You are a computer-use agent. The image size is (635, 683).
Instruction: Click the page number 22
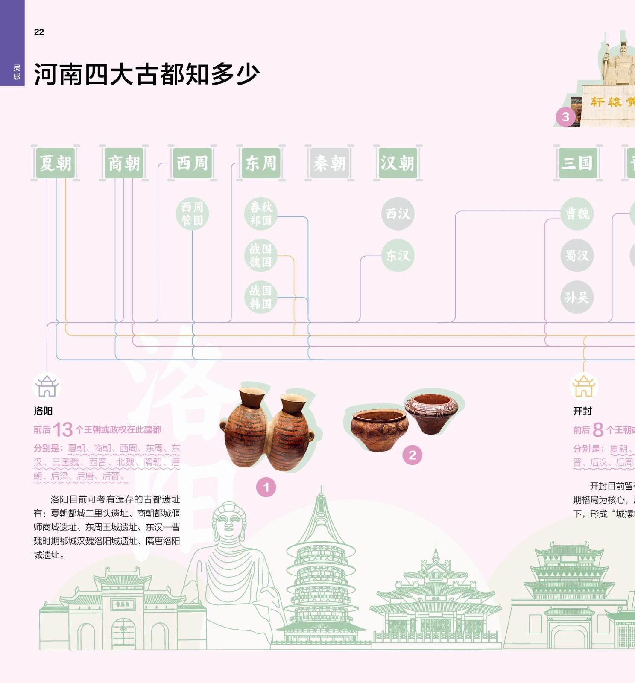coord(39,32)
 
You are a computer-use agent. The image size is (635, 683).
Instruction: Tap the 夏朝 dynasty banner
coord(56,163)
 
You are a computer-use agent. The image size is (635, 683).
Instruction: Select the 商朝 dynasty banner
coord(124,163)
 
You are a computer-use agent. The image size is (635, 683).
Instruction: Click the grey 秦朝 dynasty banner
coord(329,163)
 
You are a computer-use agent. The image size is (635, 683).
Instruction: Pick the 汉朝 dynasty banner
coord(398,163)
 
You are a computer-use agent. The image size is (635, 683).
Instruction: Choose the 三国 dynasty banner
coord(577,163)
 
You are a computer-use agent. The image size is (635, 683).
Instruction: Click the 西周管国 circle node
coord(192,214)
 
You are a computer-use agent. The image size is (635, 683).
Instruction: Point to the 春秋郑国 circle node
coord(260,214)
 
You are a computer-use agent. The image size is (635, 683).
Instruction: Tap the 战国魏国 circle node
coord(260,255)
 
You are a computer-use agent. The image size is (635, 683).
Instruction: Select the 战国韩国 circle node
coord(260,297)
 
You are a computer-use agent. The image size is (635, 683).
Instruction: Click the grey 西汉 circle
coord(398,214)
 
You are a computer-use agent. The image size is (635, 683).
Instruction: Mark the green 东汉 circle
coord(398,255)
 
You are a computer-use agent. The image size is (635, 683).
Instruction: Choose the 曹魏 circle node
coord(577,214)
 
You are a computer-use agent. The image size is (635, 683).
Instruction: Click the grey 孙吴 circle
coord(577,297)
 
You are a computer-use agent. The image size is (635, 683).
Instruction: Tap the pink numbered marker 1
coord(266,487)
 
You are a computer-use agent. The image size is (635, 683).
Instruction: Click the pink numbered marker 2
coord(412,455)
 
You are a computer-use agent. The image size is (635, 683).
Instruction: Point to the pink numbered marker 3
coord(565,117)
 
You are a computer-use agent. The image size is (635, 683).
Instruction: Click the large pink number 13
coord(63,429)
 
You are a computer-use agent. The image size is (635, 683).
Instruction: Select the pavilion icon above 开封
coord(584,386)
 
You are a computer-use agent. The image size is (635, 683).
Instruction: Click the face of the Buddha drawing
coord(229,523)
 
